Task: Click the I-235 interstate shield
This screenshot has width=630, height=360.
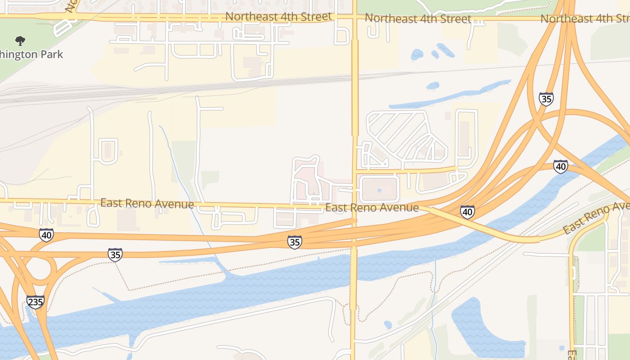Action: point(35,301)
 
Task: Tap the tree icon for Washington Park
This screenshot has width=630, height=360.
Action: point(20,41)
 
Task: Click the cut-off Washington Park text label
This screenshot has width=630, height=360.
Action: point(31,54)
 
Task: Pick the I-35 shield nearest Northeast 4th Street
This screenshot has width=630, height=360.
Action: point(546,99)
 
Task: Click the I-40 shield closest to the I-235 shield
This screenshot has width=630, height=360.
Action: point(46,234)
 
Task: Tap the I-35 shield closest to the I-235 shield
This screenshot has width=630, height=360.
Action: point(115,255)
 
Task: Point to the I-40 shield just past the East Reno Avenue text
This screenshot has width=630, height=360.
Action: point(467,212)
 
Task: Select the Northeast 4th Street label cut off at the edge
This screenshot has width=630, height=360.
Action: point(585,19)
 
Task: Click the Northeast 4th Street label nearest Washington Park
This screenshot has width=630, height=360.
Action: point(279,17)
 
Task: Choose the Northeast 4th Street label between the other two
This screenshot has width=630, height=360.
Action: point(418,18)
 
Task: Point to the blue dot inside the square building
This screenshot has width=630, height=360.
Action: point(379,190)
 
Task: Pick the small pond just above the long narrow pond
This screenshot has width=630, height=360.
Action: point(432,85)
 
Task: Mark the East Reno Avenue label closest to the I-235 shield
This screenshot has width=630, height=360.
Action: point(147,203)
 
